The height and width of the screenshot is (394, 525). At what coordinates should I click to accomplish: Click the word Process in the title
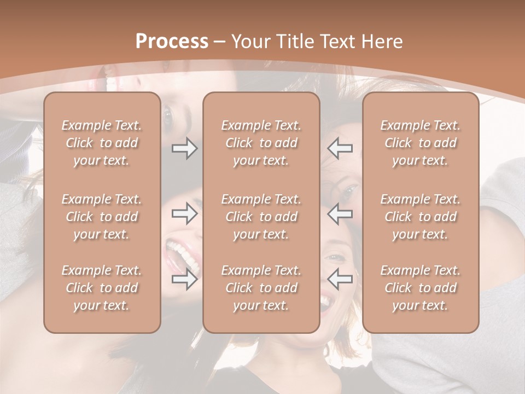[x=172, y=42]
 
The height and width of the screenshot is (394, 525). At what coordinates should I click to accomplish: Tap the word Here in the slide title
[x=381, y=42]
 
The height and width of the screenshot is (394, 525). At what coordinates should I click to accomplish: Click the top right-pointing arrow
[x=184, y=148]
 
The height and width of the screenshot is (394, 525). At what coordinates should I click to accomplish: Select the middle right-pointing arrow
[x=184, y=213]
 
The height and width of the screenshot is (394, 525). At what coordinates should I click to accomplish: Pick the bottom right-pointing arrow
[x=184, y=279]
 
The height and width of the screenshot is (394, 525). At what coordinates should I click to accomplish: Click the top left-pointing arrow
[x=340, y=148]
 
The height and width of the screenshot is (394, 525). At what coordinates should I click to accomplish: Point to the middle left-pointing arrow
[x=340, y=213]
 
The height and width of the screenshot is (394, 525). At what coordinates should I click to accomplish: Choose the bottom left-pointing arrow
[x=340, y=279]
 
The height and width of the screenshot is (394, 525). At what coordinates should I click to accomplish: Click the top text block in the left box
[x=102, y=143]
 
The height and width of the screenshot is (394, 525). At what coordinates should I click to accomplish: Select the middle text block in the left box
[x=102, y=217]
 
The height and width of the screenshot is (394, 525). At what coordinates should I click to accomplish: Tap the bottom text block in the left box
[x=102, y=288]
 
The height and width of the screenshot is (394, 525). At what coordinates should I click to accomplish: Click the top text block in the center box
[x=261, y=143]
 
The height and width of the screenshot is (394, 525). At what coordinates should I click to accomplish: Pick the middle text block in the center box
[x=261, y=217]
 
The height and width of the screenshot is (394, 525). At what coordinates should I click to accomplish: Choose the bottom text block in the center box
[x=261, y=288]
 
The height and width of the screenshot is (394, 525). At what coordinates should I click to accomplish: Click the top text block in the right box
[x=421, y=143]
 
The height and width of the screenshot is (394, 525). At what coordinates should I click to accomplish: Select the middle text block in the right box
[x=421, y=217]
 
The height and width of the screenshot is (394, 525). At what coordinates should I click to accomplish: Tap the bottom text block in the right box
[x=421, y=288]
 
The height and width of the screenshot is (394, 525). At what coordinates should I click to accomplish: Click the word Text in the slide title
[x=337, y=42]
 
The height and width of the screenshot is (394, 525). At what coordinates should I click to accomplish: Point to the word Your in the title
[x=251, y=42]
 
